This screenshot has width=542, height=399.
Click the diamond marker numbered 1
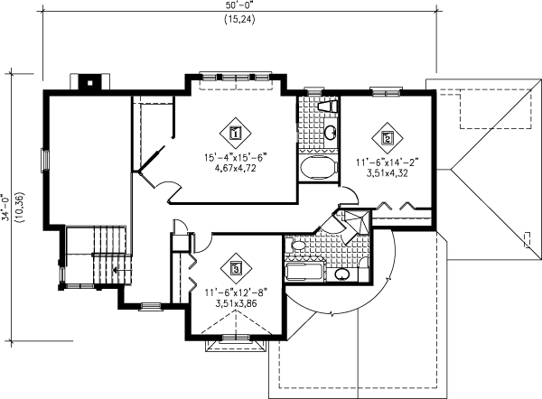coord(236,133)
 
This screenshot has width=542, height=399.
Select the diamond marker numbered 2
coord(387,137)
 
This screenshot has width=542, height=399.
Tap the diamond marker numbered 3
coord(236,267)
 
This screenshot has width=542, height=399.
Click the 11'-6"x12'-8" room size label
coord(237,292)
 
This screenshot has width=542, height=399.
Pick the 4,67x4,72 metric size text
coord(236,168)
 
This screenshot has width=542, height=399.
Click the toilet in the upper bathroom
coord(330,107)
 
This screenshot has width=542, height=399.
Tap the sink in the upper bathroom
coord(329,134)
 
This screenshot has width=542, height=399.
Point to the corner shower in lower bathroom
coord(351,222)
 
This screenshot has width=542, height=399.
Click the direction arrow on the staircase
coord(116,268)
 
